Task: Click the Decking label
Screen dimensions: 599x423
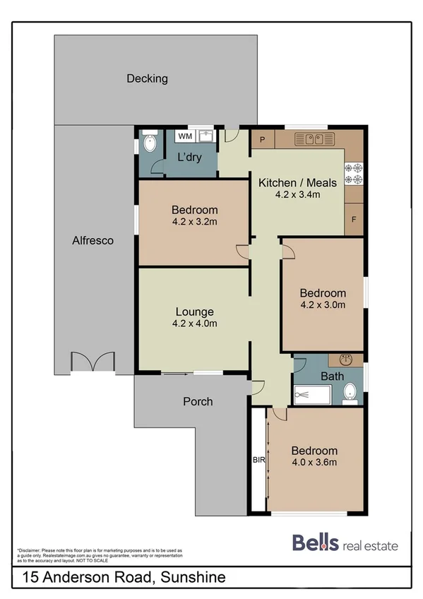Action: pyautogui.click(x=147, y=78)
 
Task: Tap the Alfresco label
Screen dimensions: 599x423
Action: pyautogui.click(x=93, y=240)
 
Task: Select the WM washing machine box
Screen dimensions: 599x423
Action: pyautogui.click(x=184, y=136)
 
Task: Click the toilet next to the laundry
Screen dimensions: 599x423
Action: pyautogui.click(x=148, y=144)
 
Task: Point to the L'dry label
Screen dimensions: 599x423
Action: pyautogui.click(x=189, y=157)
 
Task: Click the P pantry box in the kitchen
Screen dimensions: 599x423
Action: pyautogui.click(x=262, y=139)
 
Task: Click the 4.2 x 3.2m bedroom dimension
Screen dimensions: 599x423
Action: pyautogui.click(x=194, y=222)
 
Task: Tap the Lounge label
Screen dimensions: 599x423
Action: pyautogui.click(x=194, y=312)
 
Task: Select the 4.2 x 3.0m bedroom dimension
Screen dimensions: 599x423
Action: pyautogui.click(x=323, y=305)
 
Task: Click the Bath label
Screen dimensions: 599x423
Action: pyautogui.click(x=332, y=376)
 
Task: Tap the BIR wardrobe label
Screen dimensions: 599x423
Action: pyautogui.click(x=258, y=460)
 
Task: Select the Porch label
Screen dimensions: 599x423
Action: pyautogui.click(x=198, y=401)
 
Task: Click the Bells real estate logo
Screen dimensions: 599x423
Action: pyautogui.click(x=345, y=544)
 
